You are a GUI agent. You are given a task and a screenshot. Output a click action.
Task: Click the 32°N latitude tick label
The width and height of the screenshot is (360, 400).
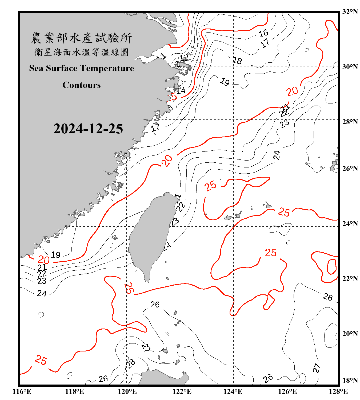click(350, 12)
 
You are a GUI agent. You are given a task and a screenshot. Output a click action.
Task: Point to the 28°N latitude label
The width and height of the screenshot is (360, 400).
click(350, 122)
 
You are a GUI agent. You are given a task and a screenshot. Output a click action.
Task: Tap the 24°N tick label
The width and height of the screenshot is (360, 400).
click(350, 224)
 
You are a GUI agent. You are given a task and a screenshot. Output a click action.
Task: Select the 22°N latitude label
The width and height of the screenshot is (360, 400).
click(350, 279)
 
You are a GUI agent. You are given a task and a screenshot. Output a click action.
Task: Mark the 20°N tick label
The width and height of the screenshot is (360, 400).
click(350, 334)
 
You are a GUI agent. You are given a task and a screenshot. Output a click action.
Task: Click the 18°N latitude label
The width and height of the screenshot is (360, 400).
click(350, 381)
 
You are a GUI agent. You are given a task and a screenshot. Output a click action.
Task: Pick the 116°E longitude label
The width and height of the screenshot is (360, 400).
click(22, 391)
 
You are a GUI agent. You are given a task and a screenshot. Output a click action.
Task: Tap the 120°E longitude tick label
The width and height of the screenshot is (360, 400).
click(127, 391)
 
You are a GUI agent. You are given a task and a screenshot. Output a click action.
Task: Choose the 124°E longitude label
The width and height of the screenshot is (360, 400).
click(233, 391)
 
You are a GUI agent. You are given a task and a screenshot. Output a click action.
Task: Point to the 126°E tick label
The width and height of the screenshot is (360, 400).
click(287, 391)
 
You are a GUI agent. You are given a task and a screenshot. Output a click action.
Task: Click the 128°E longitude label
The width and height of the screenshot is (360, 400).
click(338, 391)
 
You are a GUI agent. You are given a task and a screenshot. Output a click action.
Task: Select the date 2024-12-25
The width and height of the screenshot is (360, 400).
click(88, 129)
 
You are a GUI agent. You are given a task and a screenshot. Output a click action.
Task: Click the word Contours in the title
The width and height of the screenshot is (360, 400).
click(82, 85)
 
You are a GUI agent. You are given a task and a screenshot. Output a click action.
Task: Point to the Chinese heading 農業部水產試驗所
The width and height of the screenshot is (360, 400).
click(81, 38)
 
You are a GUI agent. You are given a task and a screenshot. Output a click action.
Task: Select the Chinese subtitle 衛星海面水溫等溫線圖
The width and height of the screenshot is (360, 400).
click(81, 52)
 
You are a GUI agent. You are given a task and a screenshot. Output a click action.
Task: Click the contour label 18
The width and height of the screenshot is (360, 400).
click(237, 61)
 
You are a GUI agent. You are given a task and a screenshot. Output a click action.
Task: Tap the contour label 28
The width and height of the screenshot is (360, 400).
click(130, 363)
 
